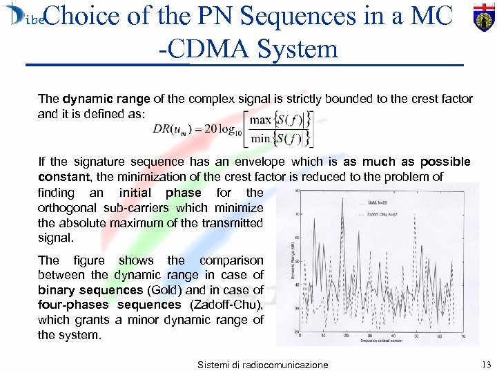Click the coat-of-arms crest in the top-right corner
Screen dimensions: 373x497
pyautogui.click(x=480, y=16)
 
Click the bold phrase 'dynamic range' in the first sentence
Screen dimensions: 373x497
pyautogui.click(x=97, y=99)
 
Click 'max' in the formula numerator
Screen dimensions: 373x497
pyautogui.click(x=261, y=120)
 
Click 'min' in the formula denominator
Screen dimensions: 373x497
pyautogui.click(x=260, y=138)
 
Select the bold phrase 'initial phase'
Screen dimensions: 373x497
pyautogui.click(x=159, y=193)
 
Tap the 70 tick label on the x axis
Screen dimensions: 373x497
pyautogui.click(x=465, y=335)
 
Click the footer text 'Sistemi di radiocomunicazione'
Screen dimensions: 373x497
pyautogui.click(x=263, y=364)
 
